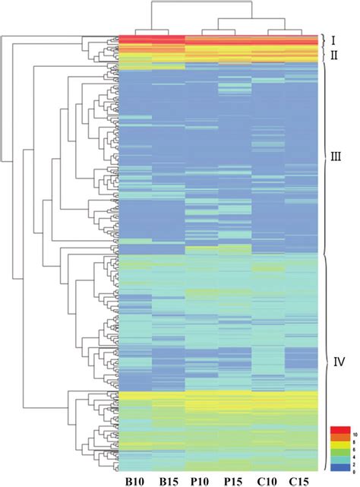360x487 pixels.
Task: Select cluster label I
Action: point(332,39)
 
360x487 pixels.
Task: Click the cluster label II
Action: point(333,55)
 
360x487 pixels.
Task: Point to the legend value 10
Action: point(352,431)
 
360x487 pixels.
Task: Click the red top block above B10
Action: point(135,39)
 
